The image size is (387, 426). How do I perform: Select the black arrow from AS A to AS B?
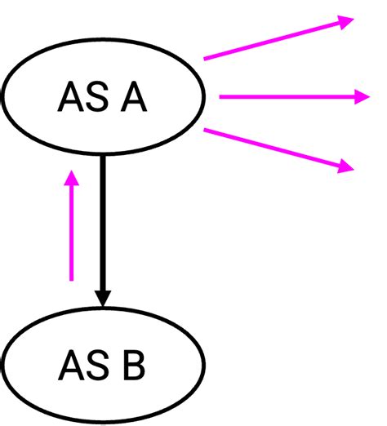click(x=102, y=229)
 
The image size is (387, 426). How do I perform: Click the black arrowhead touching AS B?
click(x=102, y=298)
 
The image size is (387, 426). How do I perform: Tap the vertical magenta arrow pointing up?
click(x=72, y=229)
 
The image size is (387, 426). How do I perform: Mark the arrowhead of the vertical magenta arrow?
click(x=72, y=177)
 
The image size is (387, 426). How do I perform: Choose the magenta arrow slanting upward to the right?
click(x=278, y=39)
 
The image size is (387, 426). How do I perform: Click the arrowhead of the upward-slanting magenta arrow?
click(x=346, y=22)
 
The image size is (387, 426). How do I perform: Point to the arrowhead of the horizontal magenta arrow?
click(x=361, y=97)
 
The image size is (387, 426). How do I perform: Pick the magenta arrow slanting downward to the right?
click(x=278, y=148)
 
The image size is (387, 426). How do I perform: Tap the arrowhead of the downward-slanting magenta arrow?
click(x=346, y=166)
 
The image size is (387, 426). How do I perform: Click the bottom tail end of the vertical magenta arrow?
click(x=72, y=280)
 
